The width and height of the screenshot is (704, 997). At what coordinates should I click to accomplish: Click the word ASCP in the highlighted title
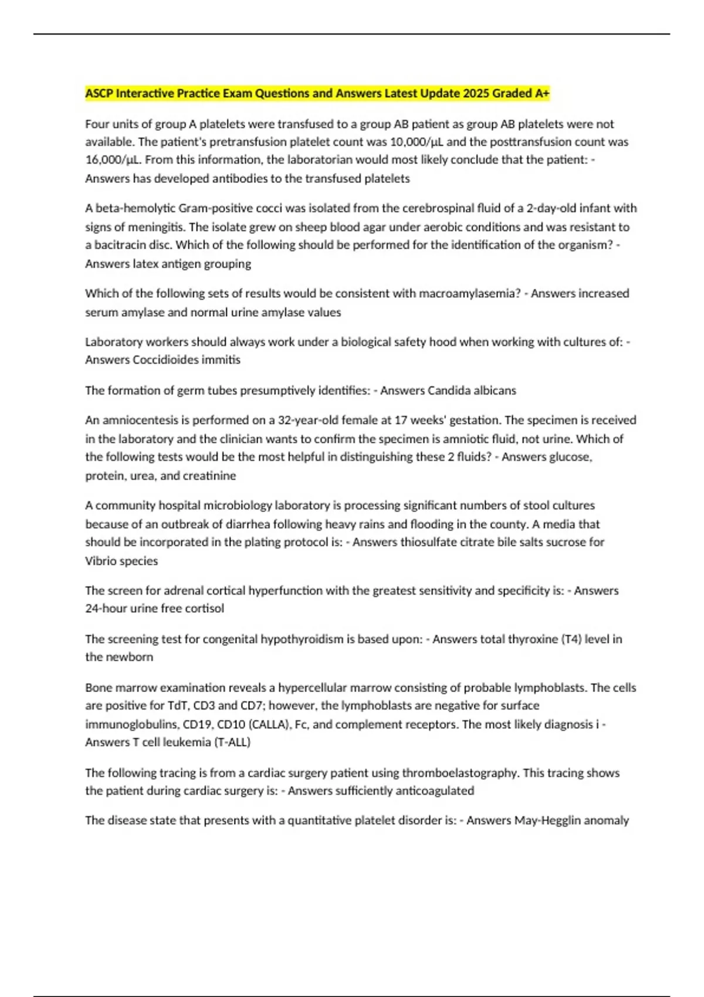pos(99,93)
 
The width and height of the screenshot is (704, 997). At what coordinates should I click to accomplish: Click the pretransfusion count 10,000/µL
pos(404,142)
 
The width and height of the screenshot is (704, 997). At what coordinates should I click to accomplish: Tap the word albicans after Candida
pos(496,391)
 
